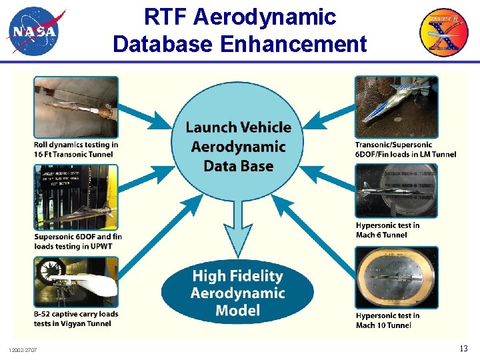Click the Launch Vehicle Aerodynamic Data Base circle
(x=238, y=145)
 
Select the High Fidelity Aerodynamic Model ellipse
(x=237, y=292)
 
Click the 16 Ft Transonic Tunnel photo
(x=75, y=107)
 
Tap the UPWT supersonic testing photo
(x=75, y=197)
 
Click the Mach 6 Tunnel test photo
(x=397, y=190)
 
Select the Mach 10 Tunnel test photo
(x=397, y=277)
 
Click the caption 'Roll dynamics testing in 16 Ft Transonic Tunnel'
(x=75, y=149)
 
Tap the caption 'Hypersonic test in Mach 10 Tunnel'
(x=387, y=320)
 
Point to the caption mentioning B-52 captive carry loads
(x=75, y=319)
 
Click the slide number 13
(x=463, y=349)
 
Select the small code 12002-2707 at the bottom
(x=23, y=350)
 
